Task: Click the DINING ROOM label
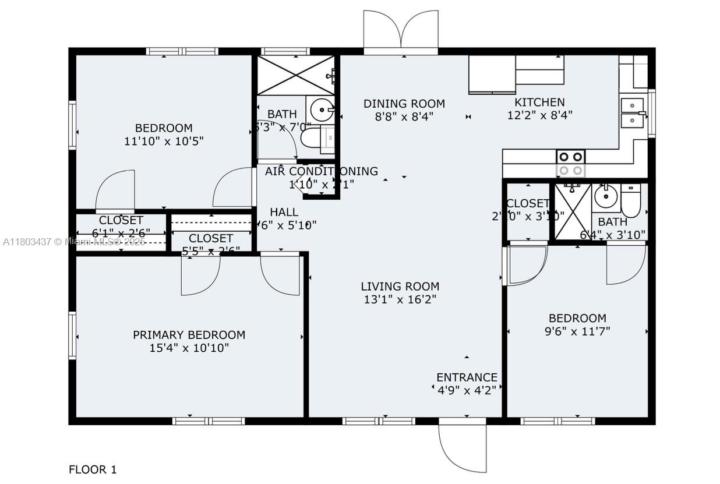click(x=404, y=104)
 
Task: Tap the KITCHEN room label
click(x=539, y=102)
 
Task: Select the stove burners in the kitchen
click(x=570, y=163)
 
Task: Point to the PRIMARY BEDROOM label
click(x=189, y=335)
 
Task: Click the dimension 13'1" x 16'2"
click(x=400, y=300)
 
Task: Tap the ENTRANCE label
click(x=467, y=377)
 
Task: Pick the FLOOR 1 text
click(x=93, y=469)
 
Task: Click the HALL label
click(x=284, y=212)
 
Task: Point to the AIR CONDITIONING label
click(x=321, y=171)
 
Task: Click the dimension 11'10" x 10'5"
click(x=164, y=141)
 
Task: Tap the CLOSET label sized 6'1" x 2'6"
click(x=121, y=221)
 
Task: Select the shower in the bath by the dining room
click(x=296, y=75)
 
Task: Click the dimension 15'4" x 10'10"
click(x=189, y=348)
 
